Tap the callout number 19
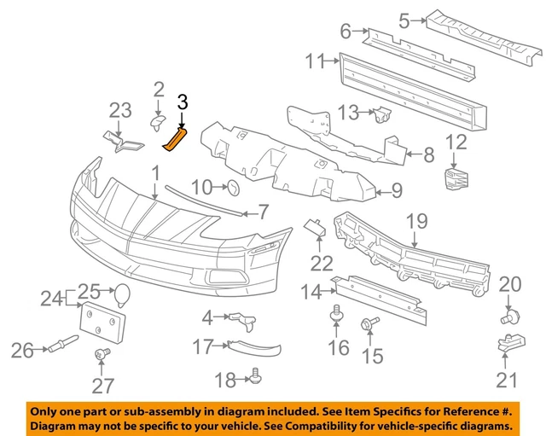[x=415, y=224]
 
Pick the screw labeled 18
[x=253, y=374]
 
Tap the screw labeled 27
[x=103, y=354]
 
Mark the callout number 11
[x=317, y=61]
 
